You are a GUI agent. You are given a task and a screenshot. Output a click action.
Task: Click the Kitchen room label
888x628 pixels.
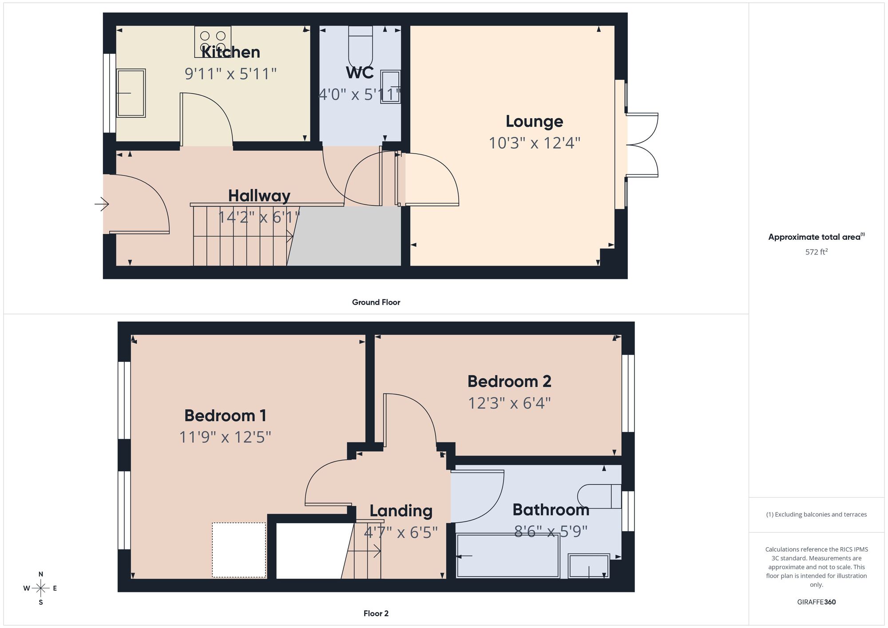coord(230,52)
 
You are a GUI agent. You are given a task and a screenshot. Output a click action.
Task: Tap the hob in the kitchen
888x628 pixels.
coord(213,41)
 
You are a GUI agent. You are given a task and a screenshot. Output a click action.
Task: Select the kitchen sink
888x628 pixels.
coord(131,93)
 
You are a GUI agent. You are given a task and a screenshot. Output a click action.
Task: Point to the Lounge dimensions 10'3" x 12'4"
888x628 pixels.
coord(535,143)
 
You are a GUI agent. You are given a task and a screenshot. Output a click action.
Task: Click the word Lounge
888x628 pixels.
coord(535,121)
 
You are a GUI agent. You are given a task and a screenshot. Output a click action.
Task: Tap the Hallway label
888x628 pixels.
coord(259,195)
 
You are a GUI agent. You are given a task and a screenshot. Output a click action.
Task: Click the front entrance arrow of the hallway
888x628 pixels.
coord(102,204)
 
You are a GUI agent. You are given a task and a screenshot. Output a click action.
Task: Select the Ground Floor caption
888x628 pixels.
coord(376,302)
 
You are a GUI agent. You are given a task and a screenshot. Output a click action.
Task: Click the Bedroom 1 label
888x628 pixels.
coord(226,416)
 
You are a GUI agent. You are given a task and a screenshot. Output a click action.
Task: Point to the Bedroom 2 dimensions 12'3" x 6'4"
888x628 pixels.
coord(509,403)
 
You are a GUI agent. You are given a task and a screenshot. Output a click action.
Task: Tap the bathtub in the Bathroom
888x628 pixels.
coord(507,556)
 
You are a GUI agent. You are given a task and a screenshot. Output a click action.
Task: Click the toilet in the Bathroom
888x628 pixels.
coord(599,496)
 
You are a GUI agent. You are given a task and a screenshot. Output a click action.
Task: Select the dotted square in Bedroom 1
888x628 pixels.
coord(239,550)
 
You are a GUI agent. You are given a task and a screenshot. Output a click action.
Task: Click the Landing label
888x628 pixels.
coord(401,511)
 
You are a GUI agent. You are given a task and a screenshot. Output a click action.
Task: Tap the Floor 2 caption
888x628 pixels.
coord(376,613)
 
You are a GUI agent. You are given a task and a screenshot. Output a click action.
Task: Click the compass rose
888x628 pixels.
coord(41,588)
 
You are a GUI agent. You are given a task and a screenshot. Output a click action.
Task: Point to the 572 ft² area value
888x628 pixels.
coord(816,252)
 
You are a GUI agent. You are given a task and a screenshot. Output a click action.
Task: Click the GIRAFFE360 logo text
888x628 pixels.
coord(816,602)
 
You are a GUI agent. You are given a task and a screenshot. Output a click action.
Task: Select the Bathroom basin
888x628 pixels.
coord(589,566)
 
